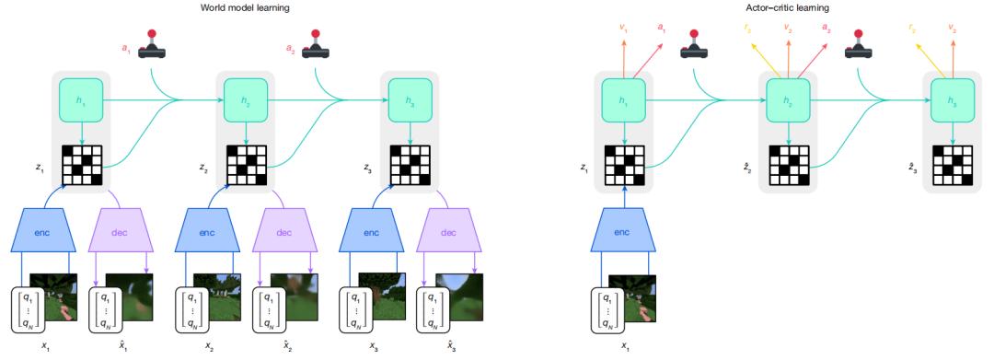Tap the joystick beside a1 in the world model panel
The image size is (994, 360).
153,46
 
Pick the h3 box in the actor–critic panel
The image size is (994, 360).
953,99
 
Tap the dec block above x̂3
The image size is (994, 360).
449,233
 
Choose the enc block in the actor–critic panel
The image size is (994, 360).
624,233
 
